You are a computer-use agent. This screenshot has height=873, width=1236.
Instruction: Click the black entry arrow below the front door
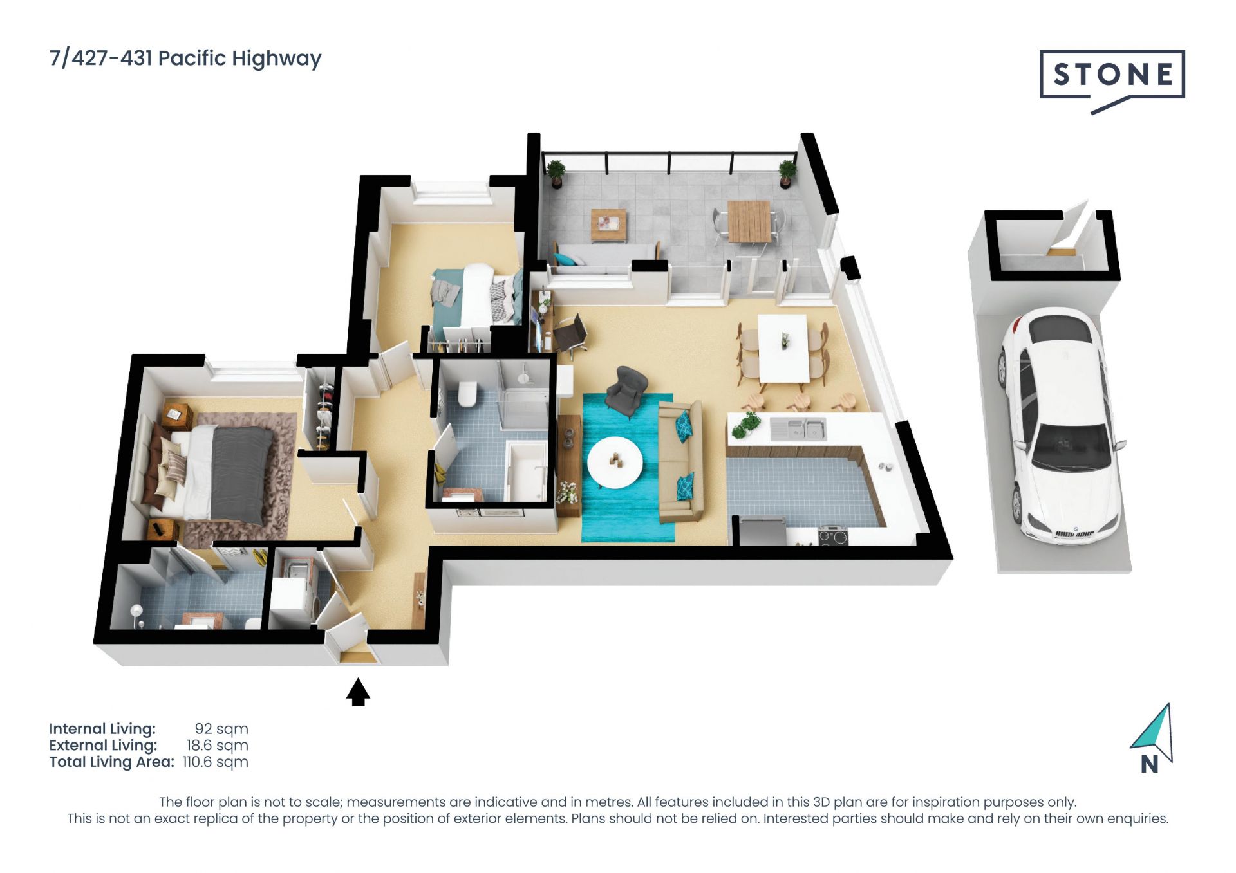click(358, 692)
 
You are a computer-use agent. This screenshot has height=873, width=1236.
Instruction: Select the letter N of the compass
click(1149, 764)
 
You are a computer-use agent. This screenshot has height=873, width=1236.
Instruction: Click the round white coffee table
click(615, 463)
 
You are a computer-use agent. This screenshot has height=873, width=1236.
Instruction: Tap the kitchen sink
click(798, 428)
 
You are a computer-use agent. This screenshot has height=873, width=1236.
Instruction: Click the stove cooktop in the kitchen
click(833, 535)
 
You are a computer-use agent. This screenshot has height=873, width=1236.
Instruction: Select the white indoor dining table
click(783, 347)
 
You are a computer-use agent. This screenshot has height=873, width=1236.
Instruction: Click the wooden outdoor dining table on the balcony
click(749, 221)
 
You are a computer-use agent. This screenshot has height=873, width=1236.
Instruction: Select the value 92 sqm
click(221, 729)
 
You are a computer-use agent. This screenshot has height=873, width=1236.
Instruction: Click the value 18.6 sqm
click(218, 745)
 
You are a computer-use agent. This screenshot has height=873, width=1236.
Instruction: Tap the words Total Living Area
click(111, 762)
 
